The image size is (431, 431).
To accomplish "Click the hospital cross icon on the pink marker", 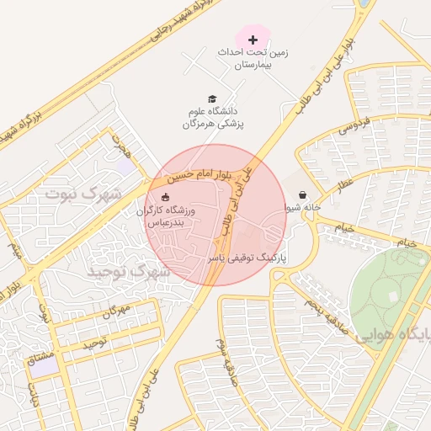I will click(x=253, y=40).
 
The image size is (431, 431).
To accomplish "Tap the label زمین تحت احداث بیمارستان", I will click(x=253, y=58).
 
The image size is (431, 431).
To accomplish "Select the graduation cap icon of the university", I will click(x=212, y=98).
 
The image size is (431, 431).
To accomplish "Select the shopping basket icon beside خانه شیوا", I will click(x=302, y=194).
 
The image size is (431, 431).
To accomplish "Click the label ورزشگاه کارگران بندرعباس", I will click(x=166, y=217).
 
